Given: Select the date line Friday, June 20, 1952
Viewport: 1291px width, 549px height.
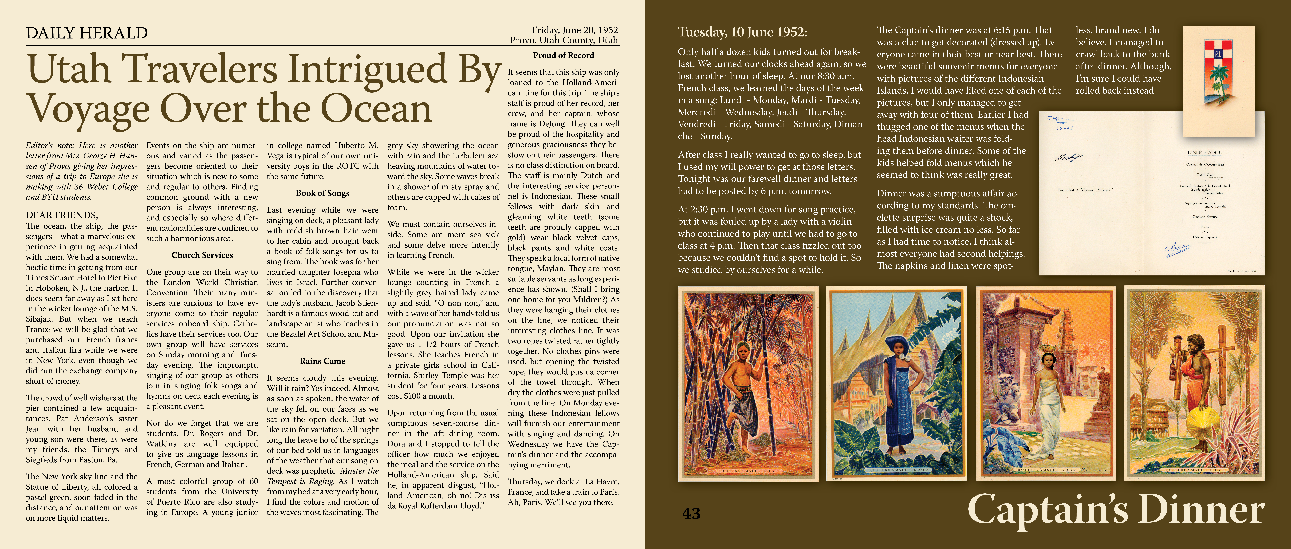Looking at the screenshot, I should click(x=575, y=30).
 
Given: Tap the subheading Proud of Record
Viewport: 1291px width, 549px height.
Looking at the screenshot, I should click(x=563, y=55).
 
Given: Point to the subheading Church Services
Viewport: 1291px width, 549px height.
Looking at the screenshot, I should click(x=202, y=255).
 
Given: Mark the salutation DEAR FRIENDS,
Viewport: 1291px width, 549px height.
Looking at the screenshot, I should click(x=62, y=215).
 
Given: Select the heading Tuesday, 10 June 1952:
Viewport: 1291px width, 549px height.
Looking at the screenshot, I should click(x=742, y=32).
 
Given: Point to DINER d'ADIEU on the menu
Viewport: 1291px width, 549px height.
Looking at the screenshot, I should click(x=1205, y=152).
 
